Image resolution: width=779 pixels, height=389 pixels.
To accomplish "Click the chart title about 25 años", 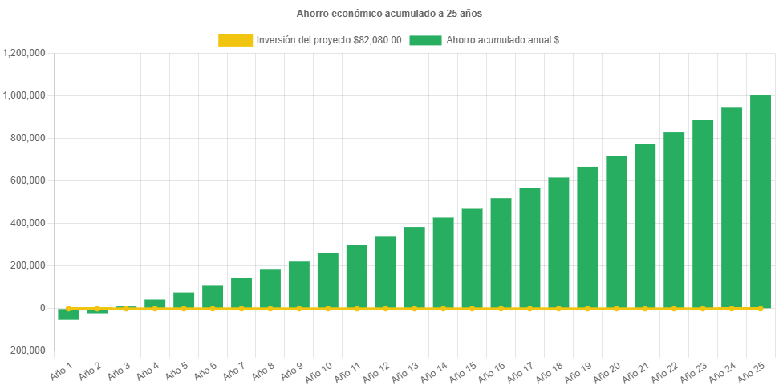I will tap(389, 14).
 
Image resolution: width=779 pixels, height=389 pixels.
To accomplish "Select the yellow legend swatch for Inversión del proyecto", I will tap(234, 40).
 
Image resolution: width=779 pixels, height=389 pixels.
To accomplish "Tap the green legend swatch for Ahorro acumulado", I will tap(425, 40).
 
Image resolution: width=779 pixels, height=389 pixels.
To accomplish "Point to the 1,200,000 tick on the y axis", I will tap(24, 53).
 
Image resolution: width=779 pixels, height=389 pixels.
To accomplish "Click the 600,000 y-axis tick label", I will tap(28, 180).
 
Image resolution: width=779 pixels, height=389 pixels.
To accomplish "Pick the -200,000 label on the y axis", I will tap(26, 351).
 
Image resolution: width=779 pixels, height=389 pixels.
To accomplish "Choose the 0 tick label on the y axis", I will tap(42, 308).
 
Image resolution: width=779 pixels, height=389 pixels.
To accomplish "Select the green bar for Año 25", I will tap(760, 201).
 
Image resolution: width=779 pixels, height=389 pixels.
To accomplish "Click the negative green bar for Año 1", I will tap(68, 314).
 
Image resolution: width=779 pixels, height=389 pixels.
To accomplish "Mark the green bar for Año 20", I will tap(616, 232).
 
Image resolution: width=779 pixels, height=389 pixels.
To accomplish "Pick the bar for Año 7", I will tap(241, 293).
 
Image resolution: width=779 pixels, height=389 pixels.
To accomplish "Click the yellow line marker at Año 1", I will tap(68, 308).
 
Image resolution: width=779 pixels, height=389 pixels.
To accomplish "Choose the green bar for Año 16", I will tap(501, 253).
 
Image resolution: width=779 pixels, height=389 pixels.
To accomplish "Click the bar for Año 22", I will tap(674, 221).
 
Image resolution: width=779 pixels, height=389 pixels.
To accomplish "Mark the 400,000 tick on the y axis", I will tap(28, 223).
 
